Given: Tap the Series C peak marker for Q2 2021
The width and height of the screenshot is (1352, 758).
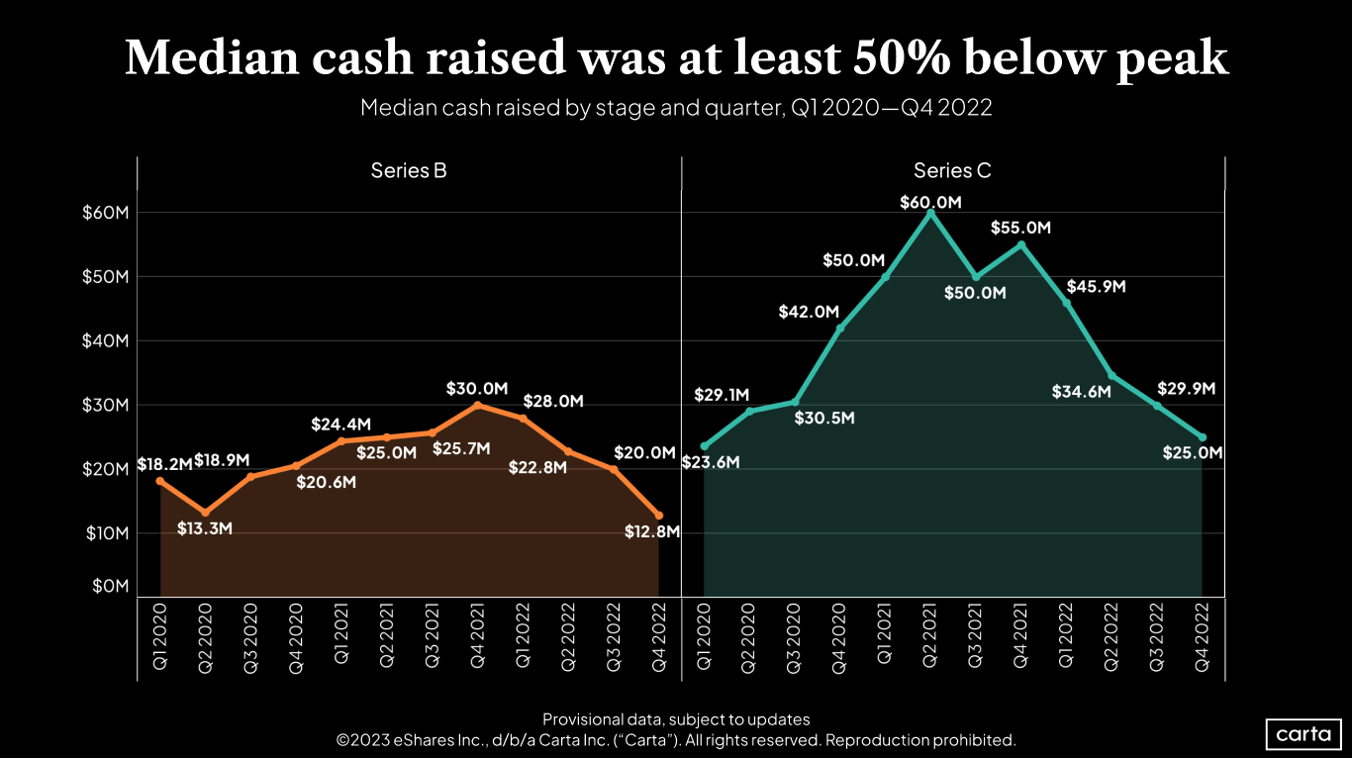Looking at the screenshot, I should coord(930,213).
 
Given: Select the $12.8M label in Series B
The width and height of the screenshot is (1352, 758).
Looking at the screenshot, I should coord(652,531).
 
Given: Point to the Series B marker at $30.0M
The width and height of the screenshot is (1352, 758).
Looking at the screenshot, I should coord(477,405).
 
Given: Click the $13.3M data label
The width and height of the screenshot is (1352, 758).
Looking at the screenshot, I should coord(205,528).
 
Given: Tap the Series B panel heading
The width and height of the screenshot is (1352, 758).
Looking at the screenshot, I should coord(409,170).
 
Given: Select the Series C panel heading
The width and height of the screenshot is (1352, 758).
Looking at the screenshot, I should coord(952,170).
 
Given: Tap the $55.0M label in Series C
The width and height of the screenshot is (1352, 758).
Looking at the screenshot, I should coord(1020,228).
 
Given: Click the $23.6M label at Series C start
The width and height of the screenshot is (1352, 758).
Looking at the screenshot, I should coord(711,460).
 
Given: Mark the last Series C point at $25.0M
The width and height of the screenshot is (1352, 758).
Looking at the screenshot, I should coord(1203,437).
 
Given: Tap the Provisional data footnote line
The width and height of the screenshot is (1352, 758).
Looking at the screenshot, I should coord(676,719).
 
